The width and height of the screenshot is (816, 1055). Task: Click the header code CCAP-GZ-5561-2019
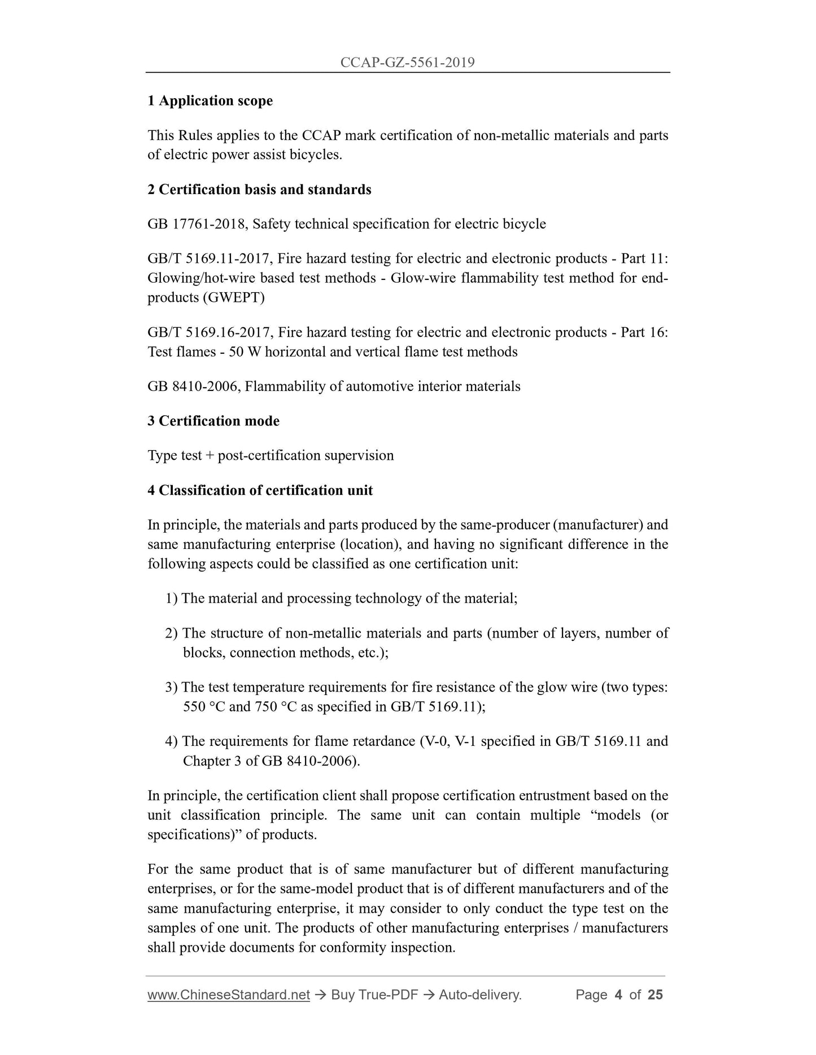[407, 63]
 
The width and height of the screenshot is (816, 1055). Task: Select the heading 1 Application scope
[210, 101]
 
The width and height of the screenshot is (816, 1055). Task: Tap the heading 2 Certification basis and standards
[259, 190]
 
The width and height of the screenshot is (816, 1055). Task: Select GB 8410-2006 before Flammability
[194, 386]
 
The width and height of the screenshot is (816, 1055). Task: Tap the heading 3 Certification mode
[213, 421]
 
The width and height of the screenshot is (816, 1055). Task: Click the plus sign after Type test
[210, 456]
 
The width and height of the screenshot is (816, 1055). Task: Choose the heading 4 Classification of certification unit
[260, 491]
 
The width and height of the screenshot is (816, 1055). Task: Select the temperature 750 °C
[276, 707]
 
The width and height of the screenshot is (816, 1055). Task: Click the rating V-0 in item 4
[434, 741]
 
